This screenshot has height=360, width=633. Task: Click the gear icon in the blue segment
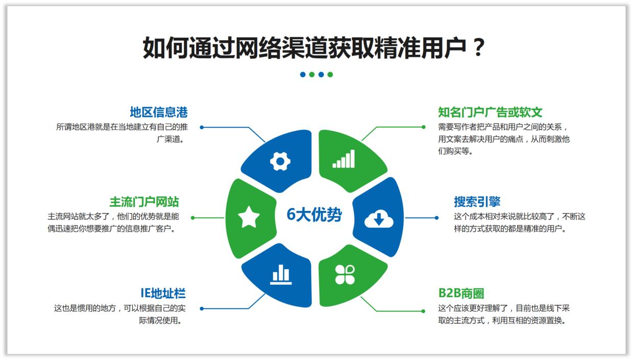(280, 161)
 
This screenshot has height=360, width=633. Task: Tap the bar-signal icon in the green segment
(344, 159)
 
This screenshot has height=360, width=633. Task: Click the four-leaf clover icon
(345, 274)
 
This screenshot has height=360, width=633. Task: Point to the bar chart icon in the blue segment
(280, 275)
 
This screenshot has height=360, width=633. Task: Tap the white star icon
(249, 218)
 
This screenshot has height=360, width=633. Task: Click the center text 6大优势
(314, 215)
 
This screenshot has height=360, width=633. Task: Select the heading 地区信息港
(159, 112)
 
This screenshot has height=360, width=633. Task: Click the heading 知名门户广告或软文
(490, 112)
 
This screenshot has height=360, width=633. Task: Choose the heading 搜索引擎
(477, 201)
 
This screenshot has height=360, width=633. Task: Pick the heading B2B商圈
(461, 293)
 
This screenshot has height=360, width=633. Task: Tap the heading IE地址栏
(163, 293)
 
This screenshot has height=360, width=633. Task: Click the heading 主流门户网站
(144, 201)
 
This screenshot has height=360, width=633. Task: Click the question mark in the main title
(478, 48)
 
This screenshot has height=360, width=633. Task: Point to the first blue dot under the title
(303, 75)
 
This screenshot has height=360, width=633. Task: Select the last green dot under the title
(330, 75)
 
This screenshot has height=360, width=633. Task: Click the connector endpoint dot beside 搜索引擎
(436, 218)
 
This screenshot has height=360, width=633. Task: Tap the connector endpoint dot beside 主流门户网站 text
(192, 218)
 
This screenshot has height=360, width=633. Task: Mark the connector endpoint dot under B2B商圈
(423, 311)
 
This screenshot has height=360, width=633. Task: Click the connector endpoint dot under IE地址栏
(202, 308)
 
